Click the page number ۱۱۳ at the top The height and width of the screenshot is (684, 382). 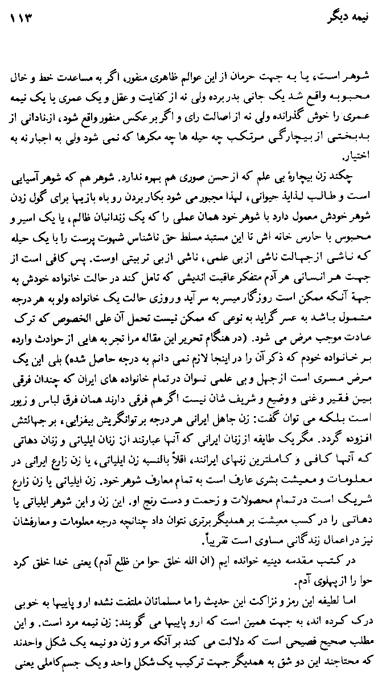tap(22, 18)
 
